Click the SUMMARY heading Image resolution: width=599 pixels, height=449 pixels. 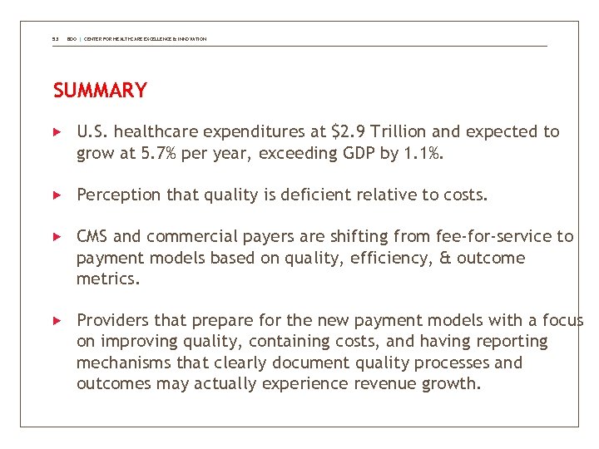(100, 91)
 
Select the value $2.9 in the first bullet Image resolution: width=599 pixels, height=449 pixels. (348, 132)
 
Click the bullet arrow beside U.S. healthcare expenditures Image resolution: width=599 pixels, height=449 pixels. (57, 132)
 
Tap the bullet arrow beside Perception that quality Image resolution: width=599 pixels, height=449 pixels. (57, 195)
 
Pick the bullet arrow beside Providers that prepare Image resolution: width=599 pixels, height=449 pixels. (57, 321)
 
